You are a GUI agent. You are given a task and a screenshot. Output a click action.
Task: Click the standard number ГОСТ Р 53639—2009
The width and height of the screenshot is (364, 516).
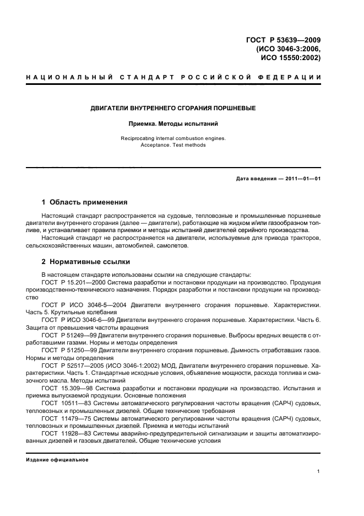point(282,39)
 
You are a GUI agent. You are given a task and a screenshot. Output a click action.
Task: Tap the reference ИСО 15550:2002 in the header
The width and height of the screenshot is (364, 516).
point(289,57)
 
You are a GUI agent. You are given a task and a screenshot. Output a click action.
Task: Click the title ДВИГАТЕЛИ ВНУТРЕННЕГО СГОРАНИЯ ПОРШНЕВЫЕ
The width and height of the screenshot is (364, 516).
point(173,108)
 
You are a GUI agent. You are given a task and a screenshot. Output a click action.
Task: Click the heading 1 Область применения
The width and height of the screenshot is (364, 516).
point(85,202)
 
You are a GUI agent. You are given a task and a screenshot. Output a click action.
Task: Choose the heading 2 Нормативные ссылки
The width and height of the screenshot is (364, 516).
point(86,262)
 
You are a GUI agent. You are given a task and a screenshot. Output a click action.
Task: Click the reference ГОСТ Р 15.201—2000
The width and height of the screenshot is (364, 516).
point(73,282)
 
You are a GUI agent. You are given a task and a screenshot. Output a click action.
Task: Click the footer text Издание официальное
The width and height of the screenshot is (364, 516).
point(57,460)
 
